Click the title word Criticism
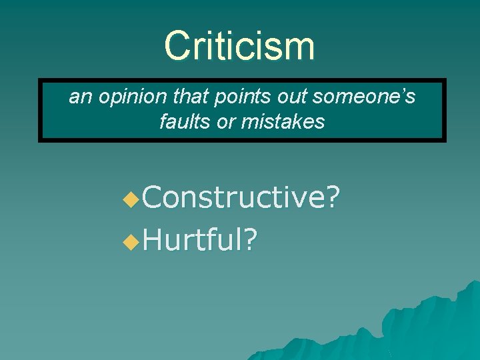click(x=239, y=46)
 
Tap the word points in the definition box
click(x=232, y=97)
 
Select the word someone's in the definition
click(x=364, y=97)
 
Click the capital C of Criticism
click(x=177, y=46)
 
